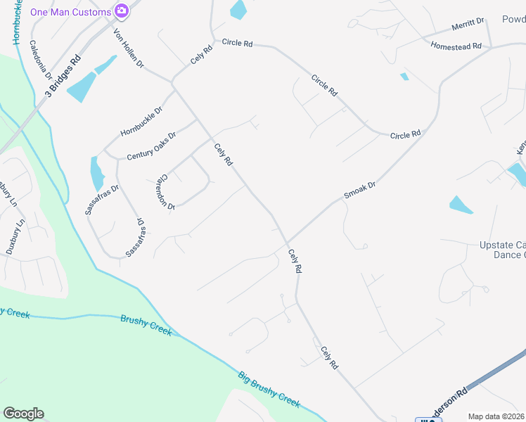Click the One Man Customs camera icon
(122, 11)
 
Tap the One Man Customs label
(70, 12)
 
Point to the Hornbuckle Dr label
(141, 120)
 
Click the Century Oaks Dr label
(152, 146)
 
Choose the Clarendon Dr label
(166, 191)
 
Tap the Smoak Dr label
(360, 189)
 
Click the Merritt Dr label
(468, 26)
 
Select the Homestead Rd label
(456, 46)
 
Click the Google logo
(23, 414)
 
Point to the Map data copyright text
(496, 416)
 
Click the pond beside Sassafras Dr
(96, 174)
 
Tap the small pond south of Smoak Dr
(461, 205)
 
